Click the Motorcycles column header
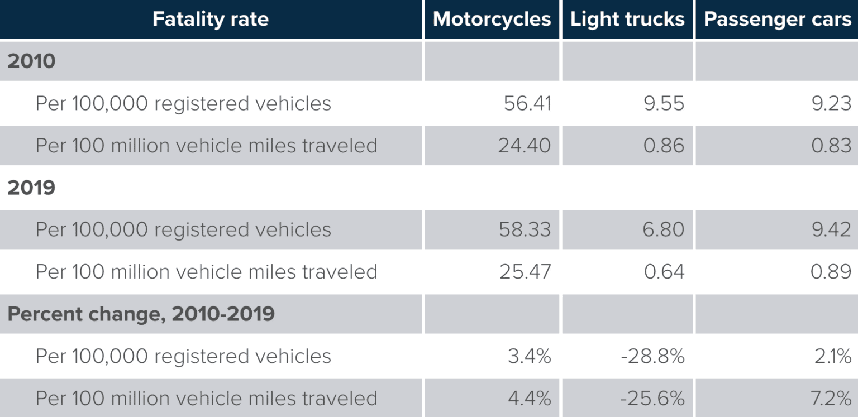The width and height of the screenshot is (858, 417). click(492, 20)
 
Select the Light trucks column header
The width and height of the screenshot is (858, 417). click(627, 20)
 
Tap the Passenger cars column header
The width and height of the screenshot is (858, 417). click(777, 20)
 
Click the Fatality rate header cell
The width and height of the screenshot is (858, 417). click(210, 20)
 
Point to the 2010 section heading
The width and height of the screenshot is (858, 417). click(31, 61)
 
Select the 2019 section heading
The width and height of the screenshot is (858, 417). click(31, 188)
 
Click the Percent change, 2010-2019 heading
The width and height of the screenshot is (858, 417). click(141, 314)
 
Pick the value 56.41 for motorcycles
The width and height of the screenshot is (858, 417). click(527, 104)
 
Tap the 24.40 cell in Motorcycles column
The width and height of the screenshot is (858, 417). click(525, 146)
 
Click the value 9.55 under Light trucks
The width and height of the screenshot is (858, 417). click(664, 104)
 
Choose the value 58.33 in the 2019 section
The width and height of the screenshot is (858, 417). click(525, 229)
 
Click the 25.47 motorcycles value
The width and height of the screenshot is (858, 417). click(525, 272)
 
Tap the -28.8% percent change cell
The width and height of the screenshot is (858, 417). click(652, 356)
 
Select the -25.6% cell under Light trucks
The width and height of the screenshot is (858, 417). click(652, 398)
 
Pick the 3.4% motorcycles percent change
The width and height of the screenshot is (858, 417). click(529, 356)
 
